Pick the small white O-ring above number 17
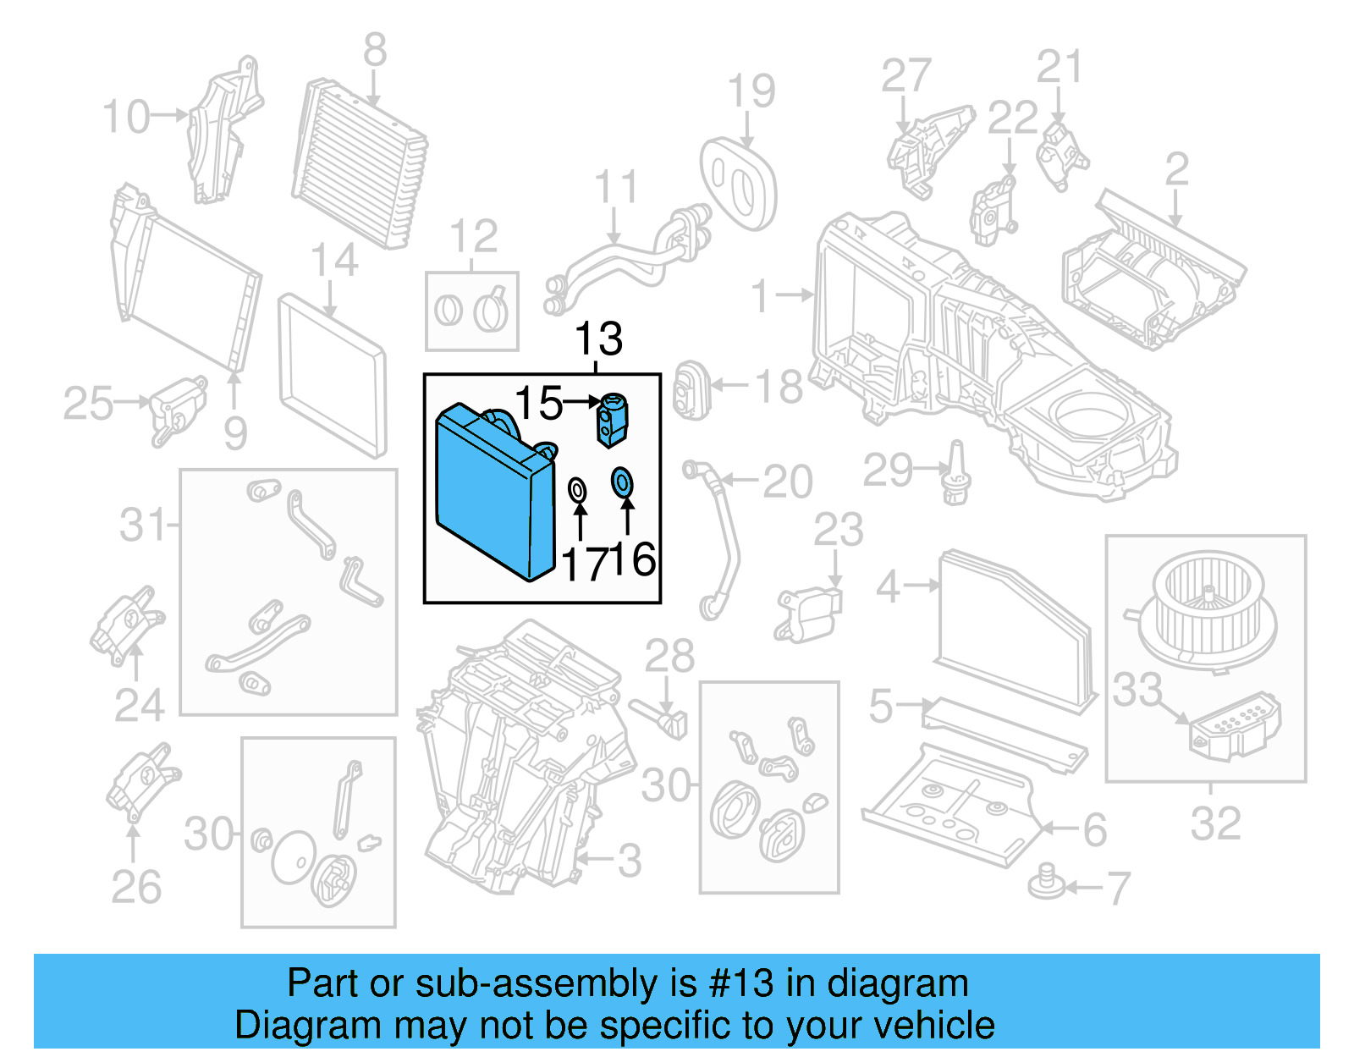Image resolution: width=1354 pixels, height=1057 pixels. coord(578,489)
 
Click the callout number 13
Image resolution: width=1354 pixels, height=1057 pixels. coord(598,339)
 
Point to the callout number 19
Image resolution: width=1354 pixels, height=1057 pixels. coord(751,91)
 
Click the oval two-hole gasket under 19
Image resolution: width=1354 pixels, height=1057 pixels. coord(738,183)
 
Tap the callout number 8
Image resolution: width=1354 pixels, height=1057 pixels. coord(375,51)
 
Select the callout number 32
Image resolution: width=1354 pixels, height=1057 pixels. coord(1216,823)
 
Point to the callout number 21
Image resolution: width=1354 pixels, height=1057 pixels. coord(1060,67)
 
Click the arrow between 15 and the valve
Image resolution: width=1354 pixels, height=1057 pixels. coord(581,402)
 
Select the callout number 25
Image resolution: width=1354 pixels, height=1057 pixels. coord(88,403)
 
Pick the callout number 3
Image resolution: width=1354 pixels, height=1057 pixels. coord(629,861)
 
